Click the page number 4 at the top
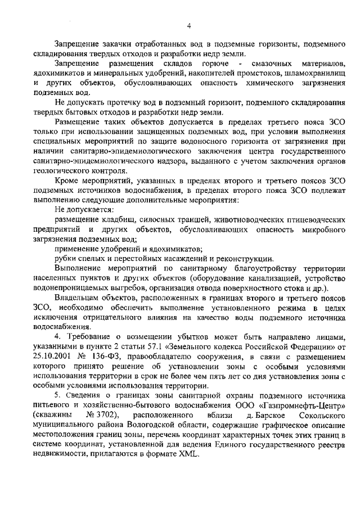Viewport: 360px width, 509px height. tap(190, 25)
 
